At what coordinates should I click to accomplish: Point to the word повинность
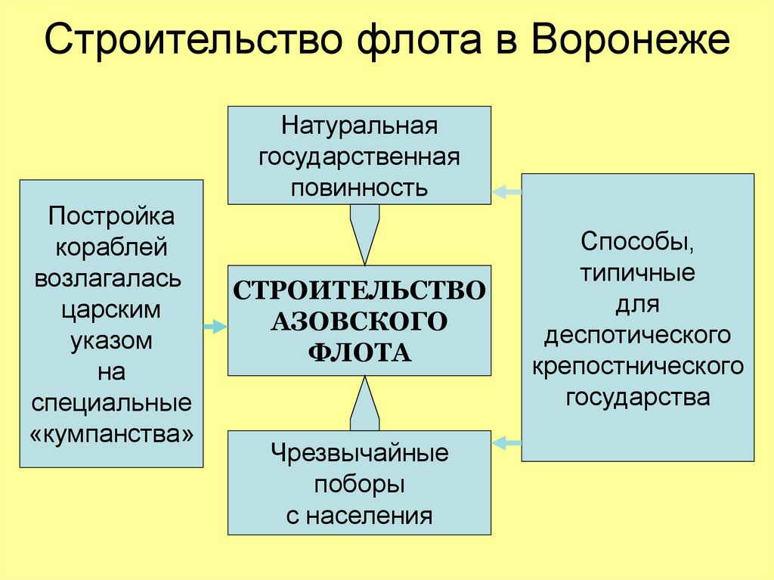(360, 187)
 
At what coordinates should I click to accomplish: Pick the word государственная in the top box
(360, 156)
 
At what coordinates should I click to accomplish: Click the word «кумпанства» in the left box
(112, 434)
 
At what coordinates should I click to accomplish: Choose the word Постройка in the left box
(112, 216)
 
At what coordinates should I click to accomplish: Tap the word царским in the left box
(112, 309)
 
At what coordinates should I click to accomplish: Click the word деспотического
(638, 335)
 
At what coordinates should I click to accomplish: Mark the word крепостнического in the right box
(638, 366)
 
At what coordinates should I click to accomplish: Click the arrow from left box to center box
(215, 327)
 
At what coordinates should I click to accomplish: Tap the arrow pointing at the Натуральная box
(506, 193)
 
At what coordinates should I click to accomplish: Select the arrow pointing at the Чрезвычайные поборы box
(506, 442)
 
